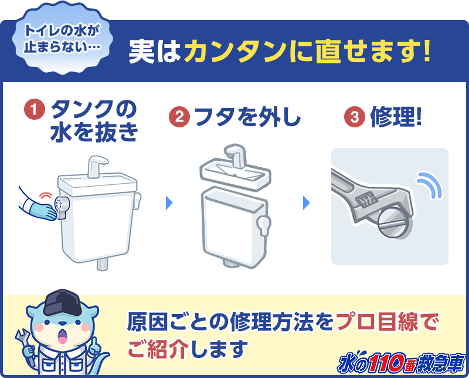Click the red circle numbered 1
click(35, 109)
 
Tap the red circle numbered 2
click(179, 117)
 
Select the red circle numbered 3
click(355, 117)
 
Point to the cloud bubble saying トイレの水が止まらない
click(62, 38)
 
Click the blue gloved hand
click(43, 212)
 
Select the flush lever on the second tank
click(263, 225)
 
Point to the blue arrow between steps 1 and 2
click(169, 203)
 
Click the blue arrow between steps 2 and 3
click(307, 203)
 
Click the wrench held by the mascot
click(24, 345)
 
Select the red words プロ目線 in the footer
click(378, 322)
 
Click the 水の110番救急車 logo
click(402, 363)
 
